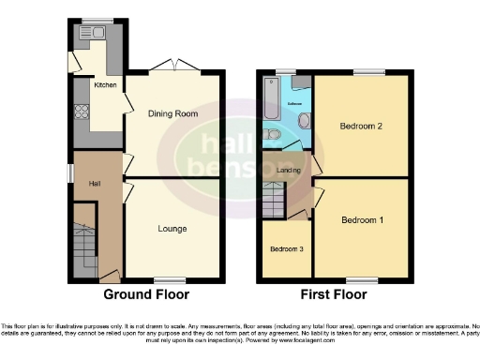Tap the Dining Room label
click(x=173, y=113)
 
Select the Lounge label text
click(x=172, y=229)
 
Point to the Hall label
click(x=95, y=183)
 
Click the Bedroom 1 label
click(x=361, y=220)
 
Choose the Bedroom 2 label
click(x=361, y=127)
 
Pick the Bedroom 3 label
click(x=286, y=249)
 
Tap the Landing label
click(x=289, y=170)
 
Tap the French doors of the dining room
click(x=176, y=67)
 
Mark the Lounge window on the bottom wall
click(x=169, y=280)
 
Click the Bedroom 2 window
click(x=368, y=72)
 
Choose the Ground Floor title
click(x=145, y=295)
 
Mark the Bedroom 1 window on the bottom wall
click(x=361, y=280)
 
